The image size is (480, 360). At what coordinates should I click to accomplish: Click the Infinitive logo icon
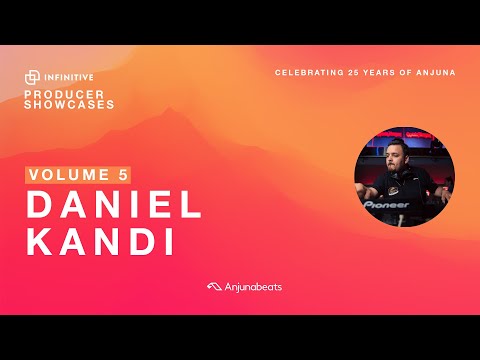click(33, 78)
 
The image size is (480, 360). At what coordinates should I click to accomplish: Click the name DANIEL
click(113, 205)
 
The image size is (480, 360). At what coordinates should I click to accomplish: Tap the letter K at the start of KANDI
click(40, 244)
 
